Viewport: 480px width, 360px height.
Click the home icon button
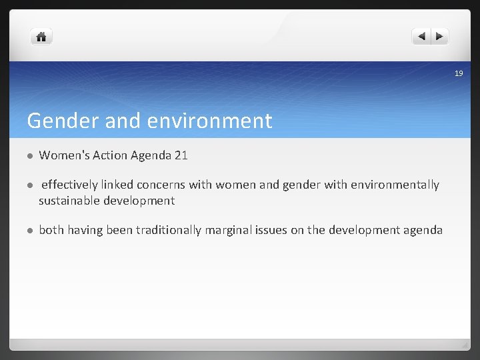pos(41,37)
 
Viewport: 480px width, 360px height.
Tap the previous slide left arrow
pos(421,37)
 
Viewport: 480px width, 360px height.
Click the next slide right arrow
pos(440,37)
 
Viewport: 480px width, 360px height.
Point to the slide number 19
pos(458,73)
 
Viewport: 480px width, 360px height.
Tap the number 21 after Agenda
pos(181,155)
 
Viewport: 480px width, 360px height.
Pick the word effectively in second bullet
pos(70,185)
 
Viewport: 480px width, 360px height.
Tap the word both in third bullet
pos(51,230)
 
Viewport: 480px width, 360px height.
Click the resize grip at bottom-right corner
pos(464,345)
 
